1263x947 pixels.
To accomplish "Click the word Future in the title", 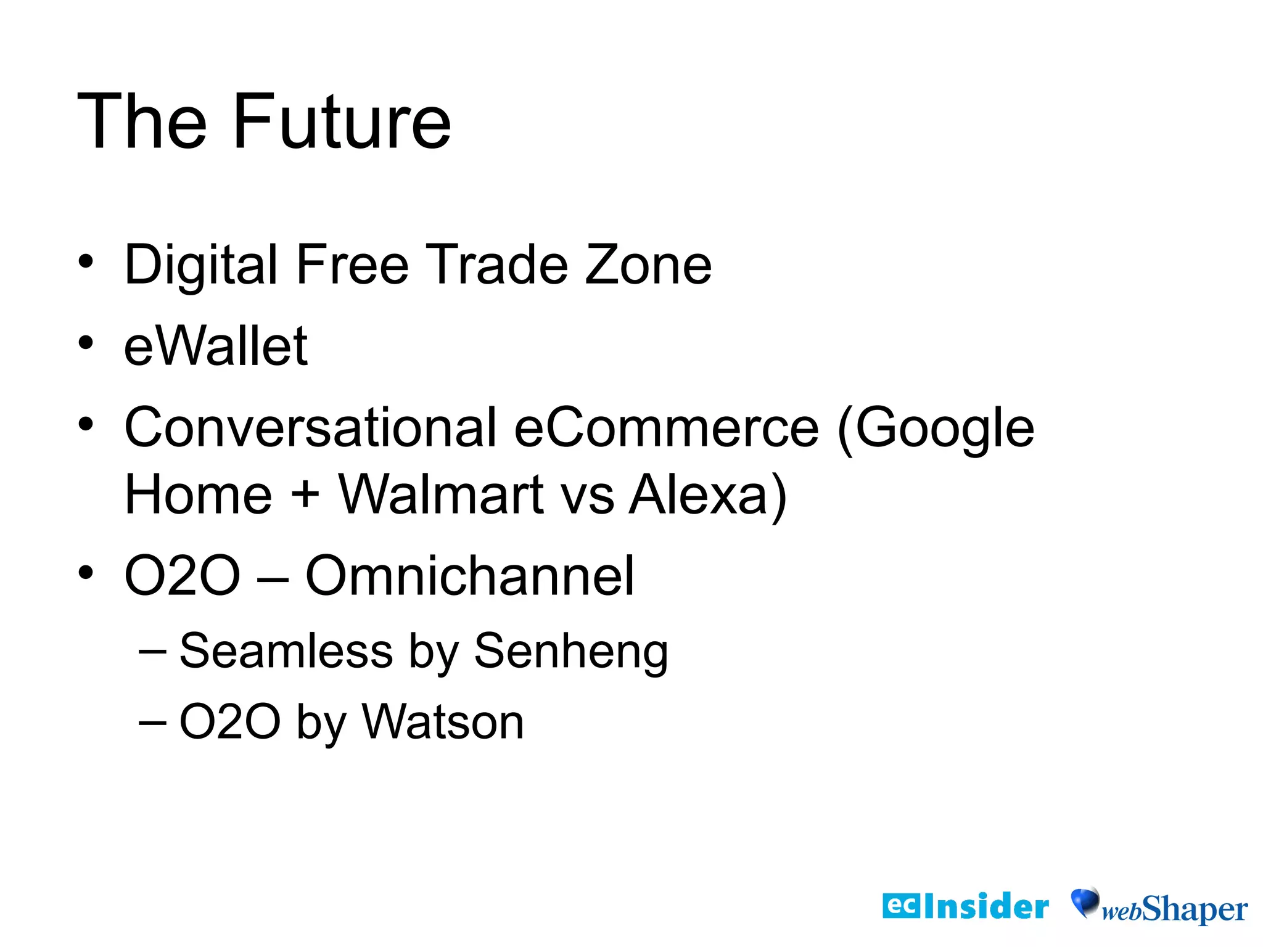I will click(x=342, y=121).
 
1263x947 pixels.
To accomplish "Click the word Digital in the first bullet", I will click(x=201, y=265).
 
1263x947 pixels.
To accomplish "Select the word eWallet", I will click(x=216, y=346).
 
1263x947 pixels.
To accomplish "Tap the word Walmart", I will click(x=441, y=495).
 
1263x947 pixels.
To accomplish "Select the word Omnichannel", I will click(x=470, y=576).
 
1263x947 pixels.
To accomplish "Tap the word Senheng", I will click(x=571, y=652).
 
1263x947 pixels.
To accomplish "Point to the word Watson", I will click(x=443, y=721).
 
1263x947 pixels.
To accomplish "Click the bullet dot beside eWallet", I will click(x=86, y=343).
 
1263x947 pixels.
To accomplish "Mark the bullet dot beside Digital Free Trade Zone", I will click(x=86, y=261).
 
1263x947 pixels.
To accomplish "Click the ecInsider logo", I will click(x=965, y=906).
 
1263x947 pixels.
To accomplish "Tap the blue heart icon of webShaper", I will click(x=1084, y=902).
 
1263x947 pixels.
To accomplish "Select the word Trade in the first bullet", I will click(x=496, y=265).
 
